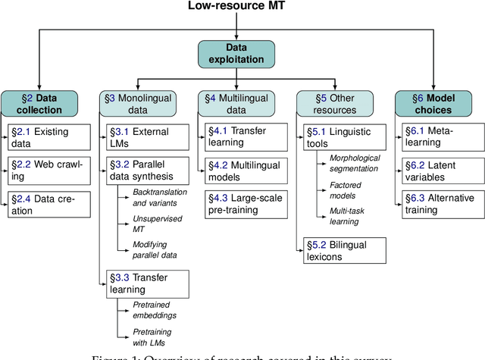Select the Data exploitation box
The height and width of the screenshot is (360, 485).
237,53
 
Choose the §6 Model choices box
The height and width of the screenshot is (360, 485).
433,103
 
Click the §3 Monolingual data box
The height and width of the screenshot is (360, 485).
138,103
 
